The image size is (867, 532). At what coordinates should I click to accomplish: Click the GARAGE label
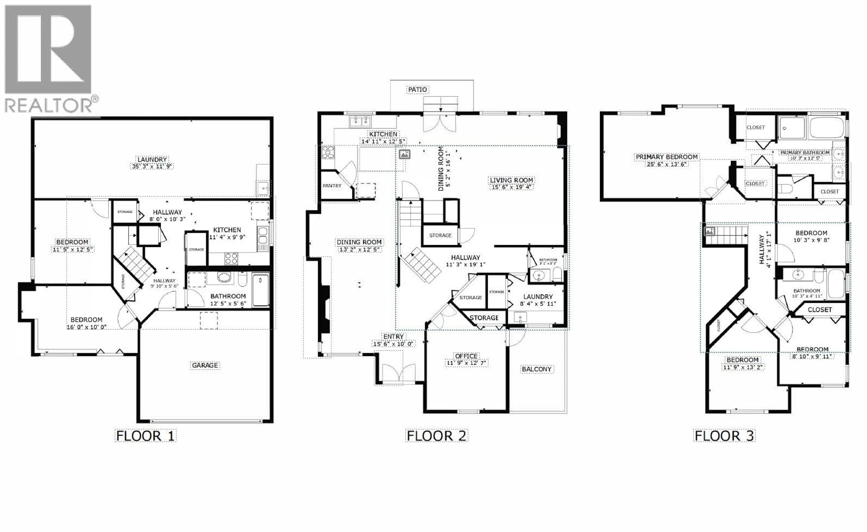coord(205,365)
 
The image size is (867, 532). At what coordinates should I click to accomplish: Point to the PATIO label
coord(417,90)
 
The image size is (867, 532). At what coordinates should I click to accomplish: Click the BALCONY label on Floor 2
coord(536,369)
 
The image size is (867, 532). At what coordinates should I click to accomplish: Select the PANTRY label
coord(332,186)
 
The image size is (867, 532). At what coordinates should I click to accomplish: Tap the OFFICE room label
coord(466,356)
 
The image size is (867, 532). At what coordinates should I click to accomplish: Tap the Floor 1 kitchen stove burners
coord(231,259)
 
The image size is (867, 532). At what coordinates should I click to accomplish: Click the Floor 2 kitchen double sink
coord(360,122)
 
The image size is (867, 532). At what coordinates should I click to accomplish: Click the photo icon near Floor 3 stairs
coord(709,231)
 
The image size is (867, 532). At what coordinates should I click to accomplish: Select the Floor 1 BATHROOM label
coord(228,296)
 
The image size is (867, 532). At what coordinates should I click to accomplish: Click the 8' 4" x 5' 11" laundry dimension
coord(538,304)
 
